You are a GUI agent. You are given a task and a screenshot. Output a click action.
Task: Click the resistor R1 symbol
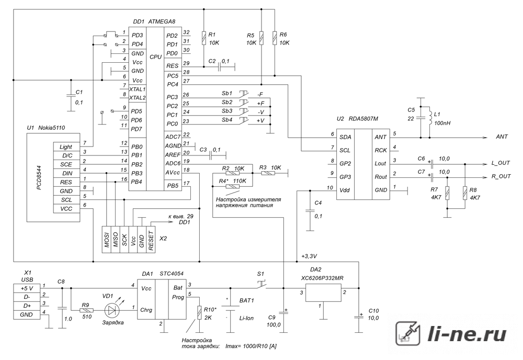203,38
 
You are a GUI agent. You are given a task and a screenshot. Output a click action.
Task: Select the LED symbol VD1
111,310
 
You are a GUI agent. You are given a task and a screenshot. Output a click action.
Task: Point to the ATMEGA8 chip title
162,21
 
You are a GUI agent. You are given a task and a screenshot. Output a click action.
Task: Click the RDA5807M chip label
363,119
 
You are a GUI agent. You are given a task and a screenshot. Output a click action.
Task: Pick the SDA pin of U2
345,137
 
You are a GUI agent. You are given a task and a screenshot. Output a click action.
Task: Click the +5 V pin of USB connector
27,288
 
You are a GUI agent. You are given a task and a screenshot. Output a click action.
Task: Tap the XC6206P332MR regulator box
324,293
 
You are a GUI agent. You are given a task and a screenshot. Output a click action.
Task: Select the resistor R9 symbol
87,310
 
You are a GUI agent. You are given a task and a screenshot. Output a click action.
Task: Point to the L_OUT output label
501,163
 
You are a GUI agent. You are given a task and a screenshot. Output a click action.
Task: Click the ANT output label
502,137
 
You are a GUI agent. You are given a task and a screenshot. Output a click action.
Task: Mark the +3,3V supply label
309,256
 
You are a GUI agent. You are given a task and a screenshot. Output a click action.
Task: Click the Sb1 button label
227,93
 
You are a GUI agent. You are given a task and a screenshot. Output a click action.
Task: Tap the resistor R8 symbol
465,193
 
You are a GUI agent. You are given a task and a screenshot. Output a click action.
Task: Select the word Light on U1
66,147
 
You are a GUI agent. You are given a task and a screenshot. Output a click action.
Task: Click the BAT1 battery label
246,301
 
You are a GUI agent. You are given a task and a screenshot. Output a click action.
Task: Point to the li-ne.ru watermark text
467,334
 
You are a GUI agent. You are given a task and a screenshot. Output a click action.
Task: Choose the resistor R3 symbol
268,174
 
